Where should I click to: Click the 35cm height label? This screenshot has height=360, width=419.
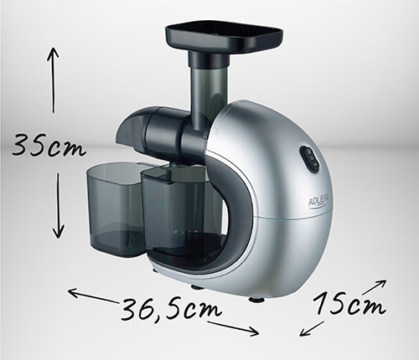(49, 146)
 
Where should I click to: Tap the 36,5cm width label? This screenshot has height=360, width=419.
(171, 309)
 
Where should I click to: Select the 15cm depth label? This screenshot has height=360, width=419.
(349, 303)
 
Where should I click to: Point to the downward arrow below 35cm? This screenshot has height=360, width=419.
(59, 205)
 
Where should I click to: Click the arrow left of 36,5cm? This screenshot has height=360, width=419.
(93, 296)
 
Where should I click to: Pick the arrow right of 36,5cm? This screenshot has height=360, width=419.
(234, 327)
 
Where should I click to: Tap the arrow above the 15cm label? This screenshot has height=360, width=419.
(374, 287)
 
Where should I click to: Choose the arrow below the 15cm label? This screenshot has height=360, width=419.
(311, 328)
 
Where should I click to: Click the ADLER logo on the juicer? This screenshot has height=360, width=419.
(318, 200)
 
